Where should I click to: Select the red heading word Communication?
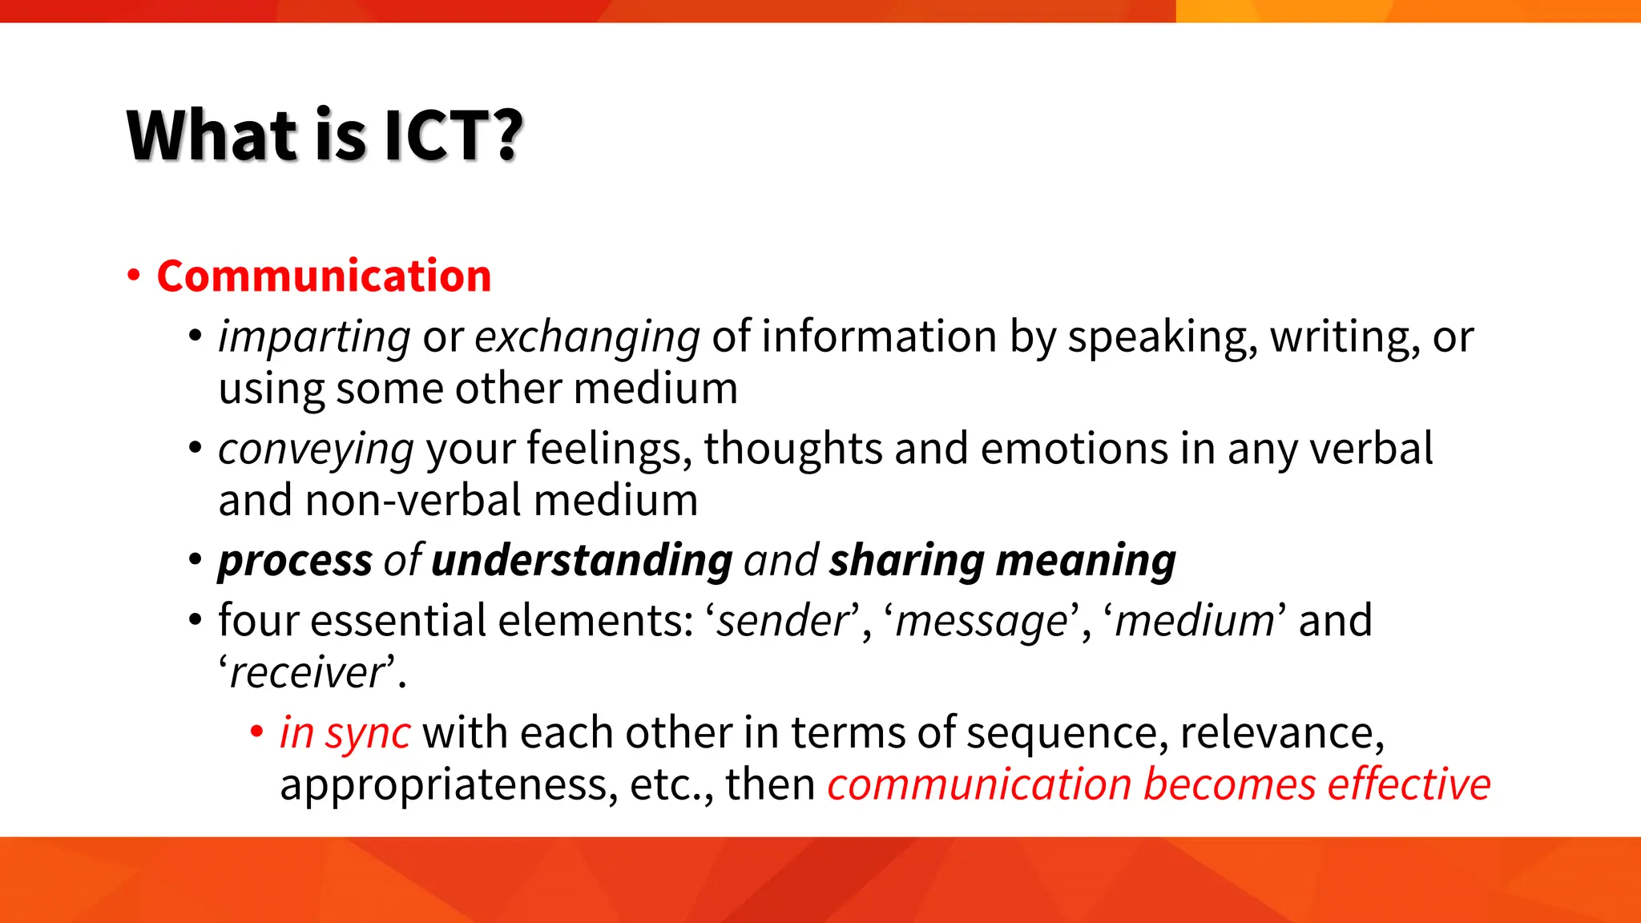coord(324,276)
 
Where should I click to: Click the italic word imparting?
coord(314,337)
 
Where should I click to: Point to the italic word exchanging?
coord(587,337)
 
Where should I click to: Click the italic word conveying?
coord(316,449)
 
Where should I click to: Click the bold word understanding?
coord(582,560)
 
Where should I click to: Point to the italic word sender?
coord(782,621)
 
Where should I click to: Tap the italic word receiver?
coord(308,673)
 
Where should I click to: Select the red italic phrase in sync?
coord(345,733)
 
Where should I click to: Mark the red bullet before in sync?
coord(256,732)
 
